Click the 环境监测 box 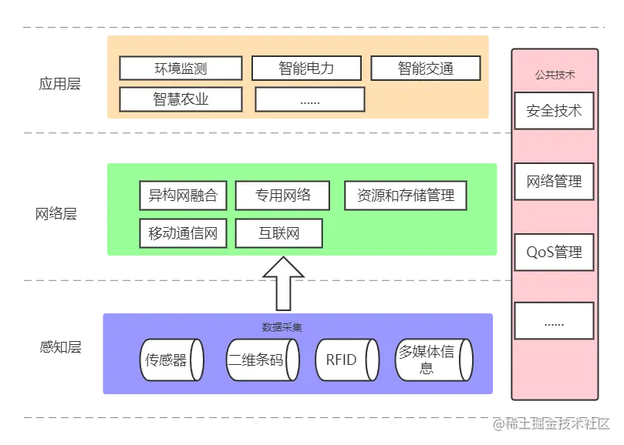point(180,69)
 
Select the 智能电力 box point(306,69)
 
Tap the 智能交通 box point(426,69)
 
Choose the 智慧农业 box point(180,99)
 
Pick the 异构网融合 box point(183,196)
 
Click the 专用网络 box point(282,196)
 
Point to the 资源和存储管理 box point(406,196)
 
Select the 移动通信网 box point(183,233)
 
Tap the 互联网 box point(278,233)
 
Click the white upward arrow point(283,283)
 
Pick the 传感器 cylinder point(173,360)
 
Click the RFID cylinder point(346,360)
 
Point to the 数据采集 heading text point(282,327)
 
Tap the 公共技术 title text point(555,75)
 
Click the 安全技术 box point(554,111)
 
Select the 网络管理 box point(554,182)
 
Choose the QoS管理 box point(554,253)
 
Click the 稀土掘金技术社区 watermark point(552,422)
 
